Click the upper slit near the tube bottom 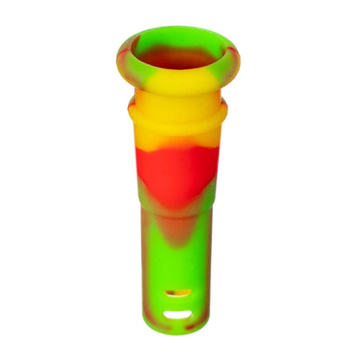[x=180, y=293]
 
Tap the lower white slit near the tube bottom [x=180, y=314]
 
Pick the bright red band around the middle [x=177, y=169]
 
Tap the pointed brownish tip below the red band [x=177, y=227]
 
